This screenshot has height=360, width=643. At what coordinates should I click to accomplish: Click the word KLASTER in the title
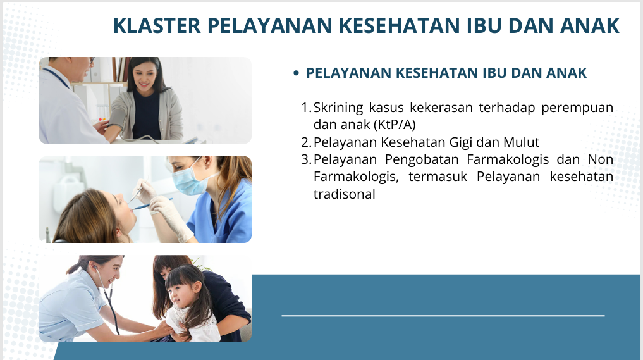click(157, 25)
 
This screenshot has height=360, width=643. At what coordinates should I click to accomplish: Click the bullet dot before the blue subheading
click(297, 73)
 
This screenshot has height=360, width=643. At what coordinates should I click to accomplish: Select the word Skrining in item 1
click(338, 108)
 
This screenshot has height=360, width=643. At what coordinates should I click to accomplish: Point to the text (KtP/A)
click(395, 125)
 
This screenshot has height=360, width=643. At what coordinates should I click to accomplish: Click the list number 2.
click(306, 142)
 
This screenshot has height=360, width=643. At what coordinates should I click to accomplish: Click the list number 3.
click(306, 159)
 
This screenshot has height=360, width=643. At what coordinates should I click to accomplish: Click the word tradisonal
click(345, 194)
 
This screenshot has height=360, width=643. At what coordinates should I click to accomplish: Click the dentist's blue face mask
click(188, 180)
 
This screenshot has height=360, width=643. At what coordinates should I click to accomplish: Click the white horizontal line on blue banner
click(443, 316)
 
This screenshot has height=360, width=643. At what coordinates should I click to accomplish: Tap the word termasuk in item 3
click(438, 177)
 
